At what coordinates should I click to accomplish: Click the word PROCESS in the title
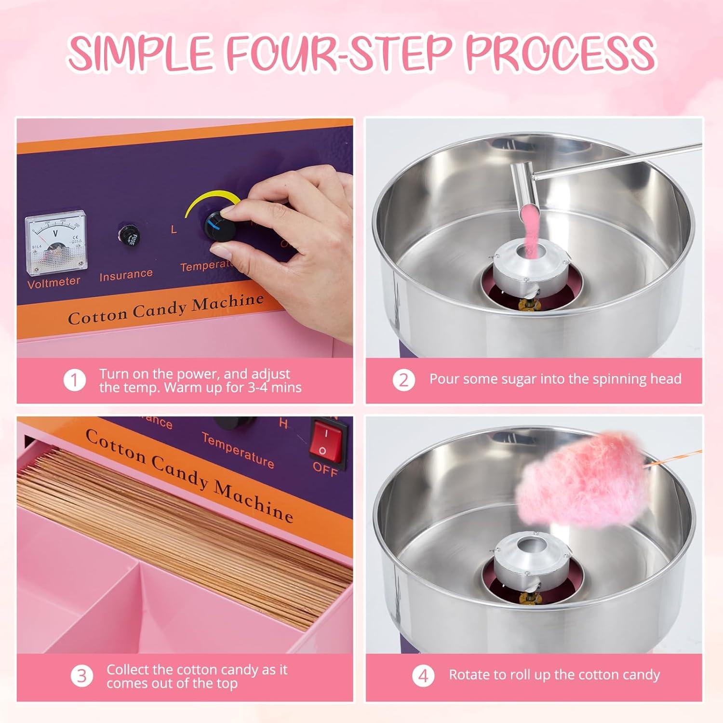[559, 52]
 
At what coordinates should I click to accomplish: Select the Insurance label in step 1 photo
[126, 275]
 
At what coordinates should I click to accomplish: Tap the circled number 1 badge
[75, 380]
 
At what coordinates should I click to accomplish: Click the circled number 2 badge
[403, 380]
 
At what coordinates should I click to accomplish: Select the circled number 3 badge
[81, 676]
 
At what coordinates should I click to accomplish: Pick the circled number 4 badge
[423, 676]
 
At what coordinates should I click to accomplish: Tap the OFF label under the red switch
[325, 468]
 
